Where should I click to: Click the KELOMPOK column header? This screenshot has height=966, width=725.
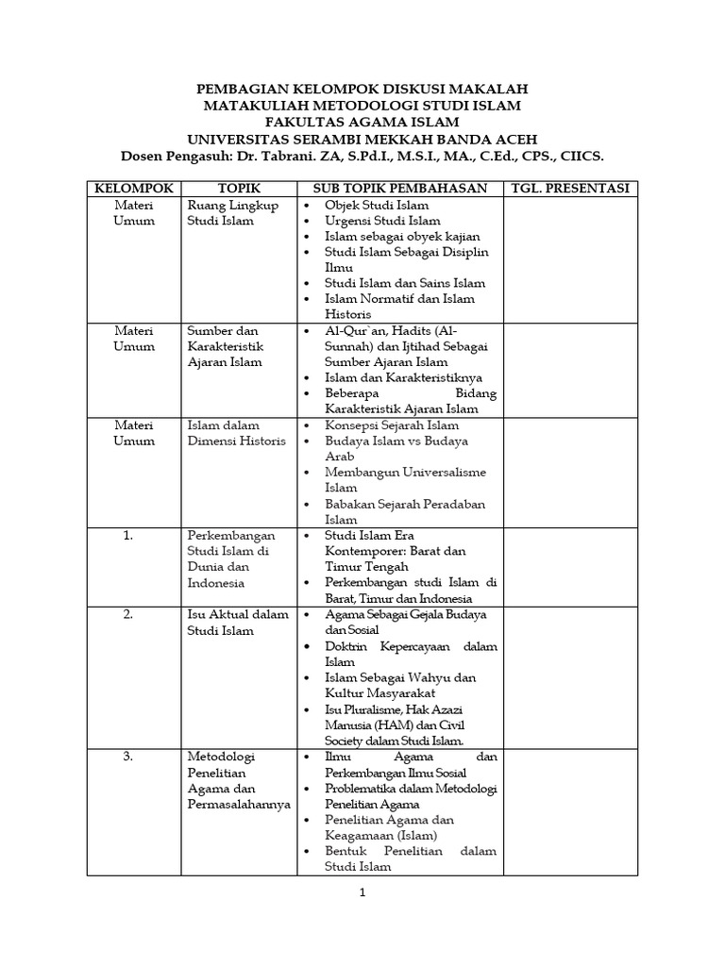click(x=133, y=189)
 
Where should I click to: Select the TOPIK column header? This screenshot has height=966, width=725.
click(x=239, y=189)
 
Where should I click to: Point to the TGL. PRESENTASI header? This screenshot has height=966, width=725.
click(x=569, y=189)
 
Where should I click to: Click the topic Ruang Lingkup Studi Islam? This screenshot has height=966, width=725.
click(x=233, y=213)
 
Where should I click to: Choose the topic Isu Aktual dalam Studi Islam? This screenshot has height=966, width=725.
click(x=238, y=623)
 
